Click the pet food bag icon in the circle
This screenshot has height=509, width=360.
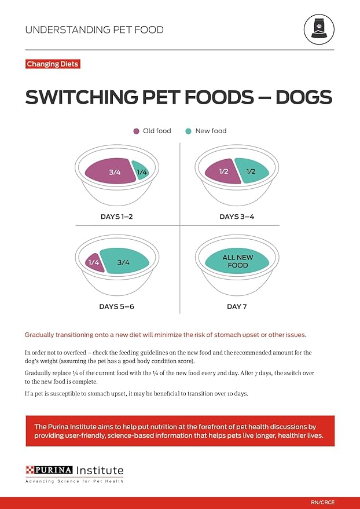click(x=318, y=29)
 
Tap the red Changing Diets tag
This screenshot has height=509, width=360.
click(x=53, y=64)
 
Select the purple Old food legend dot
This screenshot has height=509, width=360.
click(x=137, y=131)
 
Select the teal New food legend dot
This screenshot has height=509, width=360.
click(x=189, y=131)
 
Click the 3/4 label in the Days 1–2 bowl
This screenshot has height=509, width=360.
click(x=114, y=172)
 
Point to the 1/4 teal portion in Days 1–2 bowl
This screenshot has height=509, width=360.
click(x=142, y=171)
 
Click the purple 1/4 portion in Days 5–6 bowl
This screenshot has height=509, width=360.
click(x=94, y=262)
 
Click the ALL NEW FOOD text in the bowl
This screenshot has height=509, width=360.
click(x=235, y=261)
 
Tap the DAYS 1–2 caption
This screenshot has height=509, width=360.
click(x=117, y=217)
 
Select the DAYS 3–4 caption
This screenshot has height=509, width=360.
click(x=237, y=217)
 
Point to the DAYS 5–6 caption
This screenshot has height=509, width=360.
click(x=116, y=306)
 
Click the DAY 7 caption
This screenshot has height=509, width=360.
click(x=237, y=306)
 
